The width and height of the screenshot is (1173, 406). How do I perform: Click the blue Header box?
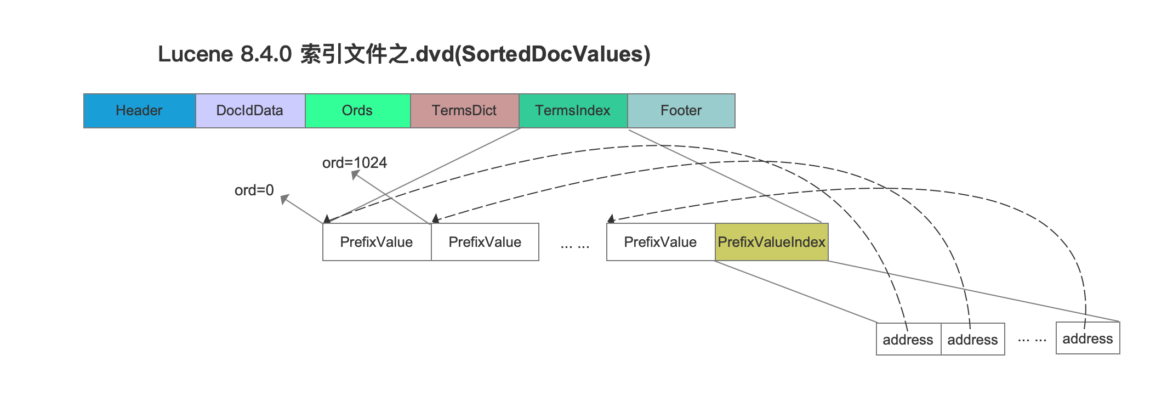click(139, 111)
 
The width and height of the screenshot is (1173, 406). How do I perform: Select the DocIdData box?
click(250, 111)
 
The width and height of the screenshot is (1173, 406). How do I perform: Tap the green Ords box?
click(357, 111)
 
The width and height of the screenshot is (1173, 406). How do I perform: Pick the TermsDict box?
click(464, 111)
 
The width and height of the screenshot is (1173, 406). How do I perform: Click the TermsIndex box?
click(573, 111)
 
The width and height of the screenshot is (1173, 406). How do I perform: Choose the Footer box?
click(681, 111)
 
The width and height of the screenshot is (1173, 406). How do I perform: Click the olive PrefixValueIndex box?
click(772, 242)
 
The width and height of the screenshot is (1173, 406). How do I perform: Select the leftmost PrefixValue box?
click(377, 242)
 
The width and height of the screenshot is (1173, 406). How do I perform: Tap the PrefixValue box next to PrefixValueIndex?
click(661, 242)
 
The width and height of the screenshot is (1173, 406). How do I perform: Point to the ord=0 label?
click(254, 190)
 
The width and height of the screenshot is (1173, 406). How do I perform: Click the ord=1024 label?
click(355, 163)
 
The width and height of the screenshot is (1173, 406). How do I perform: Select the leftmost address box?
click(908, 340)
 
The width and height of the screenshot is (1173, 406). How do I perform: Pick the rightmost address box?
click(1088, 338)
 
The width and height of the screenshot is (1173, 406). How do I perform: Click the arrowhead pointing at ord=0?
click(284, 199)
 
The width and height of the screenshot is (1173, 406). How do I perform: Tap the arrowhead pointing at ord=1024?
click(355, 174)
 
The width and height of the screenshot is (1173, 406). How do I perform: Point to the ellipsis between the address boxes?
click(1032, 341)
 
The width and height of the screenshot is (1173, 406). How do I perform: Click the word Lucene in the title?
click(196, 54)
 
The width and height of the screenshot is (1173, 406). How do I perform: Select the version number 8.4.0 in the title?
click(266, 54)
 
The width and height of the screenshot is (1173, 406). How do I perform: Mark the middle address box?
click(973, 340)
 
